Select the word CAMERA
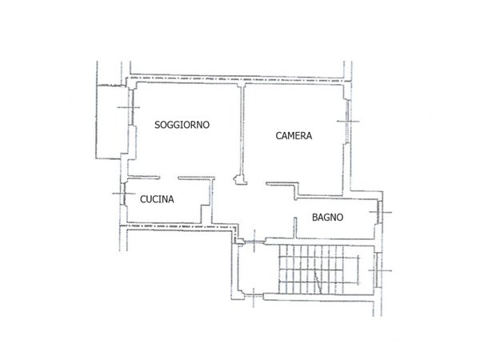coord(294,136)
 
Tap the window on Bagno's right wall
coord(379,211)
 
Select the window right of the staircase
coord(375,272)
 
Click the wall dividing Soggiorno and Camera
coord(243,128)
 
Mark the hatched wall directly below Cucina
coord(168,226)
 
